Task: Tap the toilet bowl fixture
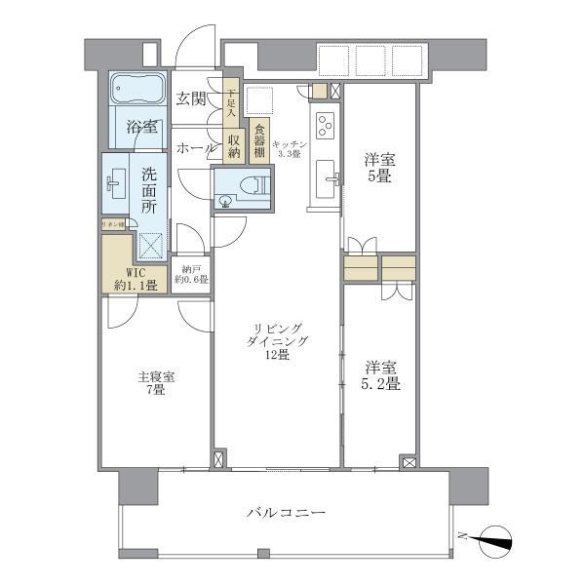pyautogui.click(x=254, y=182)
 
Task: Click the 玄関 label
pyautogui.click(x=191, y=98)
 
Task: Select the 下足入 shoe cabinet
pyautogui.click(x=231, y=103)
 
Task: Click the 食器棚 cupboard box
pyautogui.click(x=259, y=139)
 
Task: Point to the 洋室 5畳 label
pyautogui.click(x=379, y=167)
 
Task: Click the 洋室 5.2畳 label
pyautogui.click(x=381, y=375)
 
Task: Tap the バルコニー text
pyautogui.click(x=285, y=513)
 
